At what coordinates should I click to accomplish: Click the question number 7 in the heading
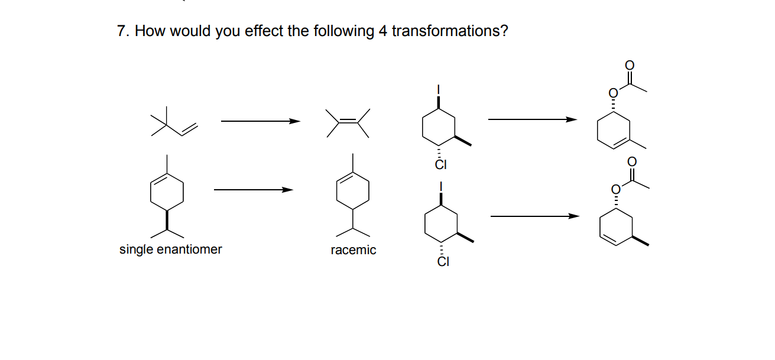121,31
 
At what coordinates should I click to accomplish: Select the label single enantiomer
170,249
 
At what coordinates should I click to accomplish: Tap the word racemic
353,250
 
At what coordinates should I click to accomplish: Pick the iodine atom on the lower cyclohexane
440,187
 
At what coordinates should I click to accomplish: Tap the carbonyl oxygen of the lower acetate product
631,161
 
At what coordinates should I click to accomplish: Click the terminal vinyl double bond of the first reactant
188,128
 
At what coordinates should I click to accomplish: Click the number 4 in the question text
382,31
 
